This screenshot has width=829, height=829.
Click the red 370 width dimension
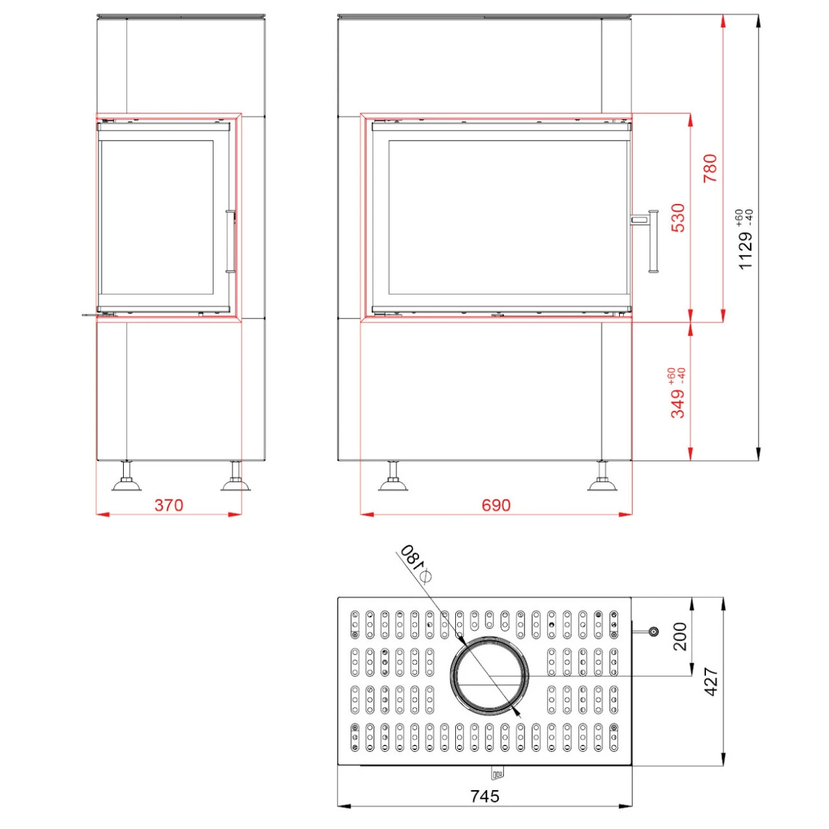pyautogui.click(x=168, y=505)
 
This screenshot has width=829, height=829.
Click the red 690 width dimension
pyautogui.click(x=495, y=505)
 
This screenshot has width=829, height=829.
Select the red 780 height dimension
pyautogui.click(x=710, y=168)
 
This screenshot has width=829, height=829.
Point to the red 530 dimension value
pyautogui.click(x=678, y=218)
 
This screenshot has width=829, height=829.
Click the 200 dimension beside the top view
pyautogui.click(x=680, y=636)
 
